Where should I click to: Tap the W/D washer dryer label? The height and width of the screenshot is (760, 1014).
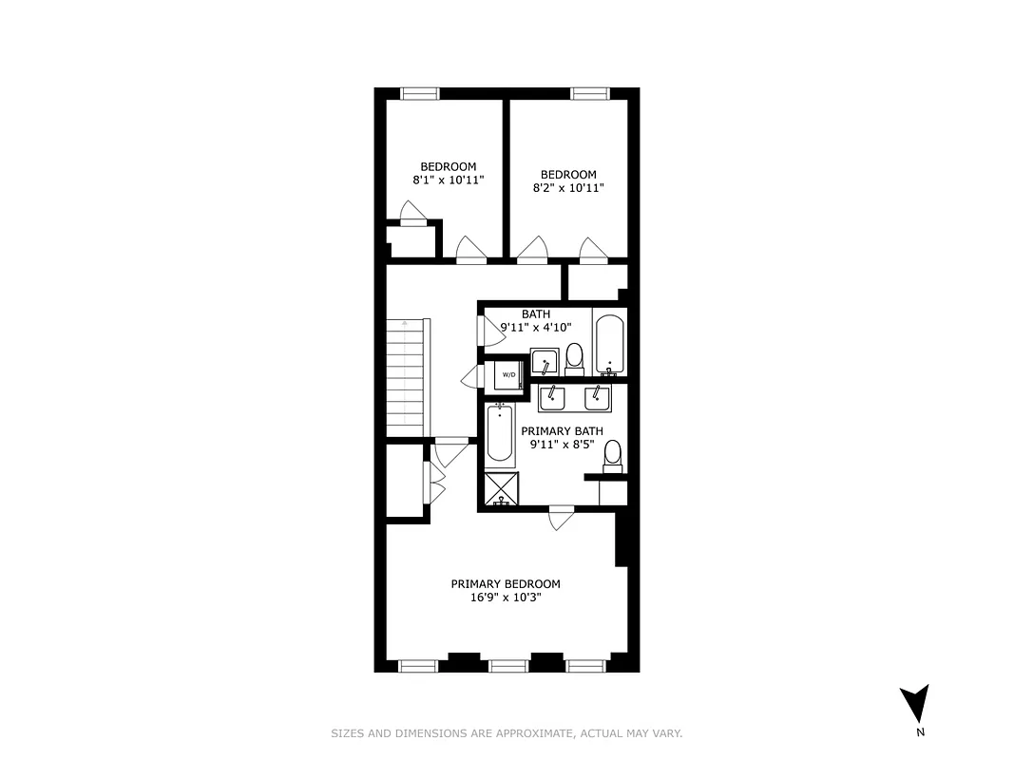508,375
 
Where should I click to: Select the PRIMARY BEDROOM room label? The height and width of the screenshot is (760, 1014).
506,584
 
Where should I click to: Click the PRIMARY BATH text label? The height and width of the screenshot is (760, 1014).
562,431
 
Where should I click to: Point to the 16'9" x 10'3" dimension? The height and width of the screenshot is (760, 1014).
506,598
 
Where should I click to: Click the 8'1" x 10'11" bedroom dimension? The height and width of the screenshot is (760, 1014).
449,180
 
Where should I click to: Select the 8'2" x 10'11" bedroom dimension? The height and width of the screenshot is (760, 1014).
568,188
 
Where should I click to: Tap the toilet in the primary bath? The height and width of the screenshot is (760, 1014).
613,457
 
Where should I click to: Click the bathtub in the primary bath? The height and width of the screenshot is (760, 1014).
500,435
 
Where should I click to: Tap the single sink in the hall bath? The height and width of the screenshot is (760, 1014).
545,362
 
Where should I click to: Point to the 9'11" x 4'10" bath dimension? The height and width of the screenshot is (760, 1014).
535,328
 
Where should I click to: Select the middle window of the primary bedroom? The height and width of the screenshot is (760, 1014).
508,665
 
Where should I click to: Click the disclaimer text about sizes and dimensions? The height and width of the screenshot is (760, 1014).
507,733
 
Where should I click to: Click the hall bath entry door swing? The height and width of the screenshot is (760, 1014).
490,328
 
